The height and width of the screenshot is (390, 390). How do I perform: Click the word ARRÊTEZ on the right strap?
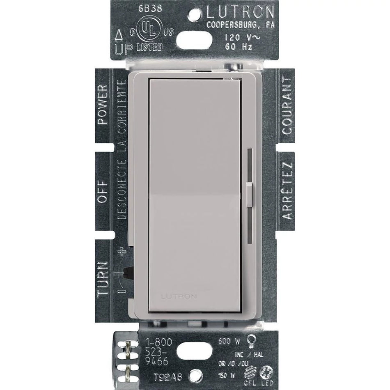click(287, 190)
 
